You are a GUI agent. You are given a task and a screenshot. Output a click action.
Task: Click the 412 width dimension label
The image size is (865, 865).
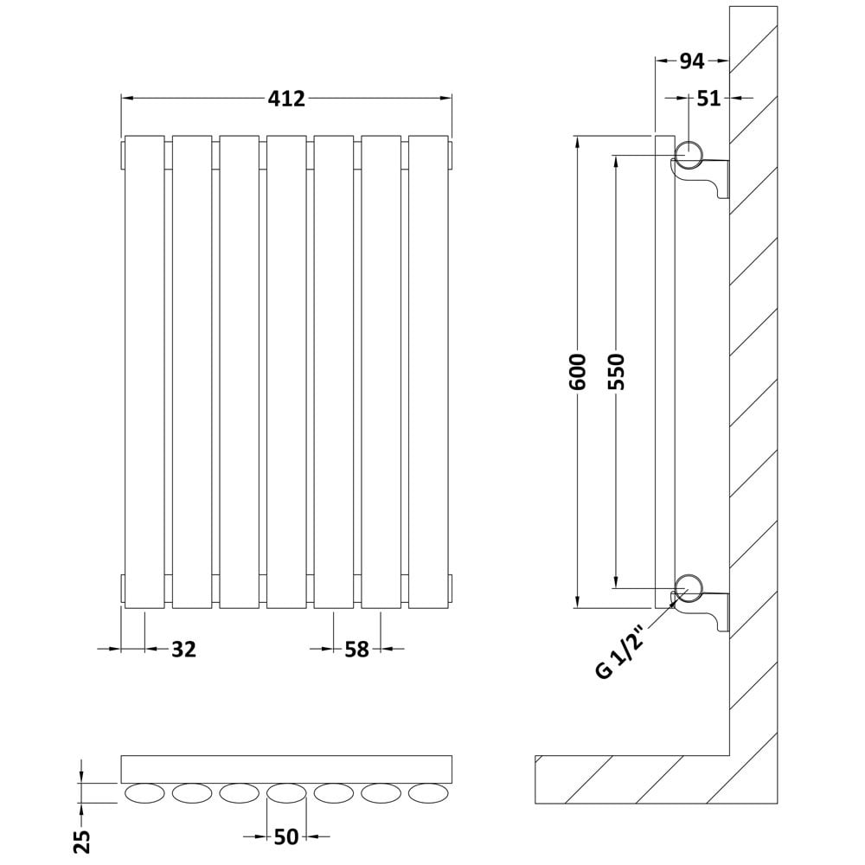tap(286, 99)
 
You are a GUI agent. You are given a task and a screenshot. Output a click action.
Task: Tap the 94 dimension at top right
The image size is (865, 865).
tap(691, 61)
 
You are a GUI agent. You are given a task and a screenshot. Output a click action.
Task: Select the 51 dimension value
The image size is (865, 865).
tap(709, 99)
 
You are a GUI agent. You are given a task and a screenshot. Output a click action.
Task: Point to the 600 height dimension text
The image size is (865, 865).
tap(578, 371)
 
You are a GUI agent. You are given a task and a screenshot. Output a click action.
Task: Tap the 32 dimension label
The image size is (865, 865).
tap(183, 650)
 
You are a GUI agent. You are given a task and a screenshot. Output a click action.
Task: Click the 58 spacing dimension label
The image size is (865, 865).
tap(356, 650)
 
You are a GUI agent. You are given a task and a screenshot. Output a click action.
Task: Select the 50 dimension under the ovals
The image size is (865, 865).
tap(285, 836)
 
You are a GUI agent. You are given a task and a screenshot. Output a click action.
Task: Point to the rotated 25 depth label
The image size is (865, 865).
tap(81, 841)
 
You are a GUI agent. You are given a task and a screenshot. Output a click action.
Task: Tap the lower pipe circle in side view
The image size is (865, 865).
tap(689, 588)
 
